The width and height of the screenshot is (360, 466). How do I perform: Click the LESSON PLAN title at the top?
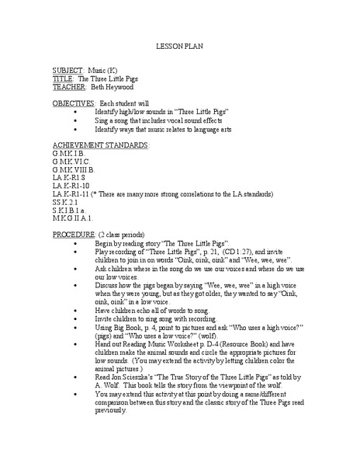179,47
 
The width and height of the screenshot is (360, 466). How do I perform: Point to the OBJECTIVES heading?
74,103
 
